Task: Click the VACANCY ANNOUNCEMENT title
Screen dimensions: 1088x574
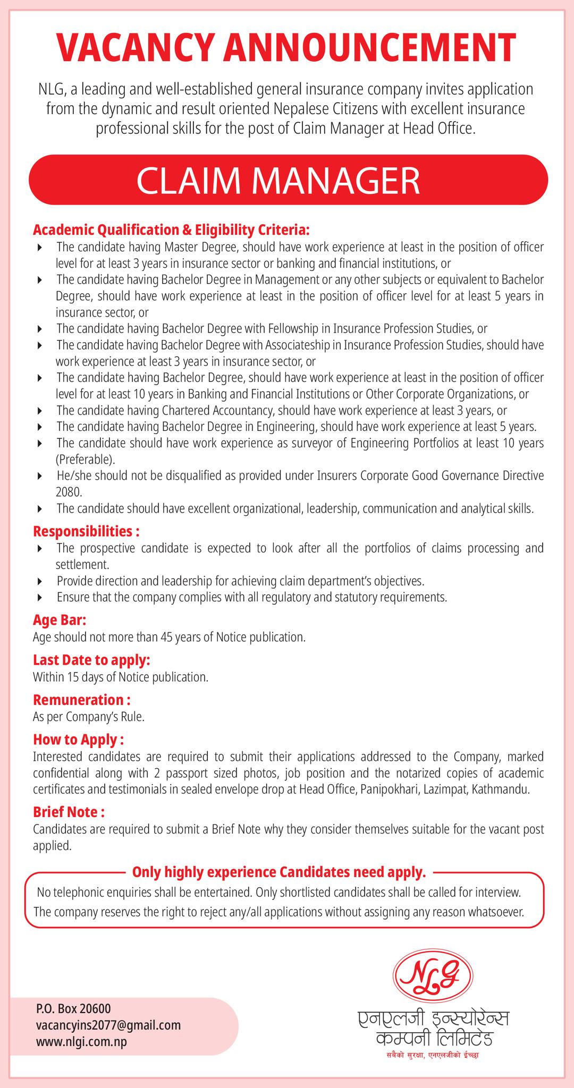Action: click(287, 48)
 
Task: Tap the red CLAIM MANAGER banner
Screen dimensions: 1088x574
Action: click(287, 180)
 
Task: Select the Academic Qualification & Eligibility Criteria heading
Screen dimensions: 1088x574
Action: click(171, 230)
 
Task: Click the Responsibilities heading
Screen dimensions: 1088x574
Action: click(86, 531)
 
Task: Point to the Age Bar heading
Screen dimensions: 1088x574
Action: click(59, 620)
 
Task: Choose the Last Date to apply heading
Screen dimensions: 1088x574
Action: click(91, 660)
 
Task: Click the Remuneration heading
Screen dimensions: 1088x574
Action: click(81, 700)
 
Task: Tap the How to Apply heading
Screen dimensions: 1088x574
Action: click(78, 739)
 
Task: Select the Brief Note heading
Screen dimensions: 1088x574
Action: click(69, 812)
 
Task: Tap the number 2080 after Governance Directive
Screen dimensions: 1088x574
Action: click(66, 492)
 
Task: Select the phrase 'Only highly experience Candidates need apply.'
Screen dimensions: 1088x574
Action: click(279, 872)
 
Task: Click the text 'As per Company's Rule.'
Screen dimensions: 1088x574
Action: click(89, 717)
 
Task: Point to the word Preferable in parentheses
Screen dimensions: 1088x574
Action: click(85, 459)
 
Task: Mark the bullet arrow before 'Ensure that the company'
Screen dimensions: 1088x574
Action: click(40, 598)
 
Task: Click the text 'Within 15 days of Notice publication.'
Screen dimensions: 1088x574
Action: click(120, 677)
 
